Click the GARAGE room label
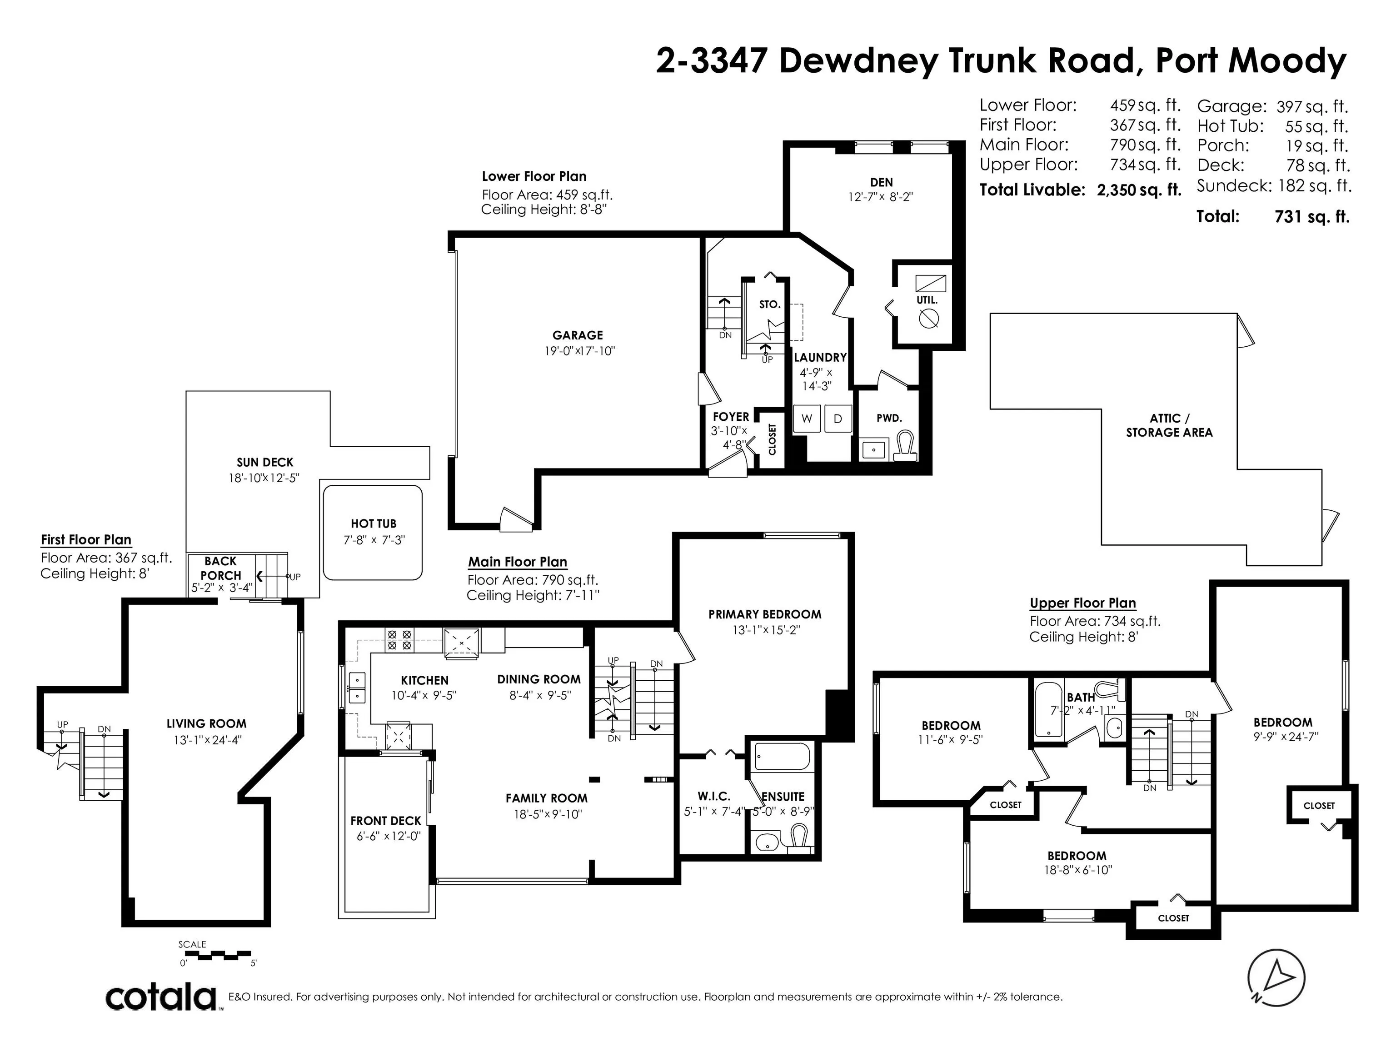click(578, 335)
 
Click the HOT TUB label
click(374, 523)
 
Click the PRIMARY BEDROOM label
click(765, 614)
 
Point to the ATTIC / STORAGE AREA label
click(1169, 425)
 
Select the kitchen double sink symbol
click(357, 688)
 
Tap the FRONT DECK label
click(386, 820)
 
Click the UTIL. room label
click(927, 300)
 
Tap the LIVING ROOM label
click(206, 724)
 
